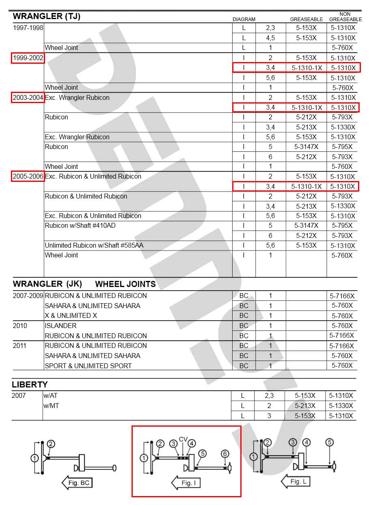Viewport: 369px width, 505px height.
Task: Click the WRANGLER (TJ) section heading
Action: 47,17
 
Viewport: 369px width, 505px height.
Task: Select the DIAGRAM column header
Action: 244,19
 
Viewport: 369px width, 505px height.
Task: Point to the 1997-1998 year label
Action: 28,28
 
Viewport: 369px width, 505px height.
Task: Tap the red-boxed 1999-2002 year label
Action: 28,58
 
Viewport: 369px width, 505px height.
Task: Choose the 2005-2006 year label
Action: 28,177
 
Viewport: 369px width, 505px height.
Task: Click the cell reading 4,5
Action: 270,38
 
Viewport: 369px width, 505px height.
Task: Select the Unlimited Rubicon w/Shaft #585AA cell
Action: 94,246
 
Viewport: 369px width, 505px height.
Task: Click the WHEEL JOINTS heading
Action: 125,284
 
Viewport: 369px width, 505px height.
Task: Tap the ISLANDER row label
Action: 60,326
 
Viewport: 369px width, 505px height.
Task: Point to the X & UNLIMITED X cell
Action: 71,315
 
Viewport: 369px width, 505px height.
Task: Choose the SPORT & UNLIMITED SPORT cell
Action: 88,366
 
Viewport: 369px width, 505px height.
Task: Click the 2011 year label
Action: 19,345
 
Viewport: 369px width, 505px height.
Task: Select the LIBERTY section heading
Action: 30,384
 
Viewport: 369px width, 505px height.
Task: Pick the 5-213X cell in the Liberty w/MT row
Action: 305,406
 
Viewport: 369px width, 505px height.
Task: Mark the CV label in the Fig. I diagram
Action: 183,439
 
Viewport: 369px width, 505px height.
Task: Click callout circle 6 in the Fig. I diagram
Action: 225,453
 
